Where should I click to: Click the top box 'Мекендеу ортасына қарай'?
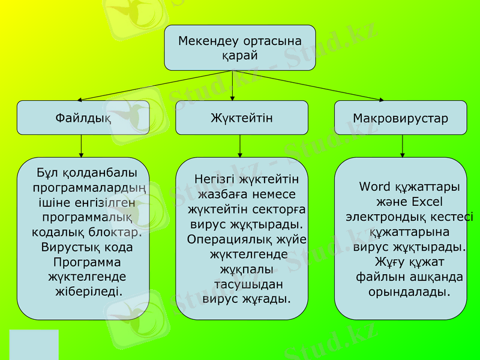pos(240,47)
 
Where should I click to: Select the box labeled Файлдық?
pos(83,118)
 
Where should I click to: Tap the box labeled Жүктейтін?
pos(241,118)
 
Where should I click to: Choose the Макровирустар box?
pos(400,118)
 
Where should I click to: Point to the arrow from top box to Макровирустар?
pos(309,86)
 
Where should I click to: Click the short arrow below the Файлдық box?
pos(82,146)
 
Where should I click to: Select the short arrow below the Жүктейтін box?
pos(240,146)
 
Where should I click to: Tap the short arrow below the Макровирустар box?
pos(402,146)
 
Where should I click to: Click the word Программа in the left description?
pos(87,262)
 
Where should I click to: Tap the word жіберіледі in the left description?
pos(88,292)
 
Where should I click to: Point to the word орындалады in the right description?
pos(409,292)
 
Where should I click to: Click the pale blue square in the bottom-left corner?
pos(34,344)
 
